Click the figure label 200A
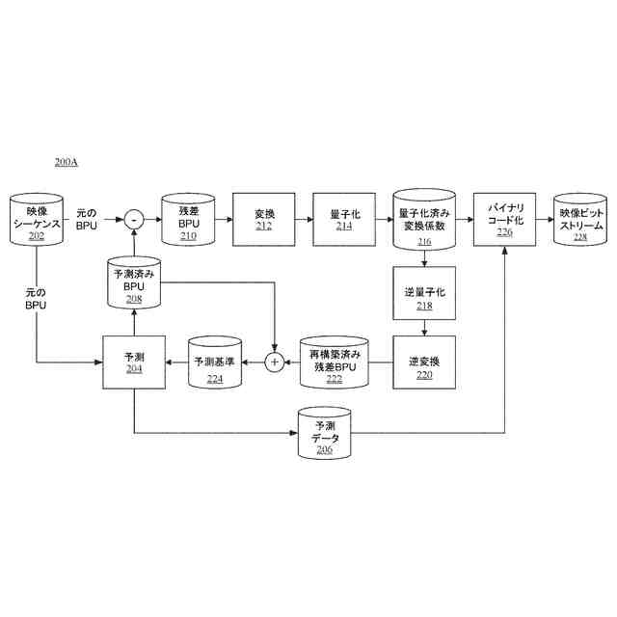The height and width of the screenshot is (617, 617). click(x=67, y=162)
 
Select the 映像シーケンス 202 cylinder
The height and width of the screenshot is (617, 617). click(x=37, y=221)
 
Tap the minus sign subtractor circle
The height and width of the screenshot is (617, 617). click(x=134, y=220)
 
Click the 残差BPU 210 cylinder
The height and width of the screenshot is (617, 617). click(x=187, y=221)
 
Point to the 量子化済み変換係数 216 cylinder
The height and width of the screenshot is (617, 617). click(x=424, y=221)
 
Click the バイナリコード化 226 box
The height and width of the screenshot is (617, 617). click(x=505, y=220)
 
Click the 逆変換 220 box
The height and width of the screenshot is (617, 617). click(x=424, y=362)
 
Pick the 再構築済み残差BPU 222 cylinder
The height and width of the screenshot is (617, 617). click(x=335, y=362)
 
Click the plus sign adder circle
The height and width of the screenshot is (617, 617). click(x=274, y=362)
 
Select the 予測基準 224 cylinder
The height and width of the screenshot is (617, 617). click(x=215, y=362)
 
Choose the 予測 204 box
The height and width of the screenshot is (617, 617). click(x=134, y=362)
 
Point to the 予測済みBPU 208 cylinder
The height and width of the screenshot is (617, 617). click(x=134, y=283)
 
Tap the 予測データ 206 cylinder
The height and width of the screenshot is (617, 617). click(x=325, y=431)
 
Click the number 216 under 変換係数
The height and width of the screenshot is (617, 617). click(x=424, y=242)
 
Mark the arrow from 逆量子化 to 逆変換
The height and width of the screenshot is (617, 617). click(x=424, y=328)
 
